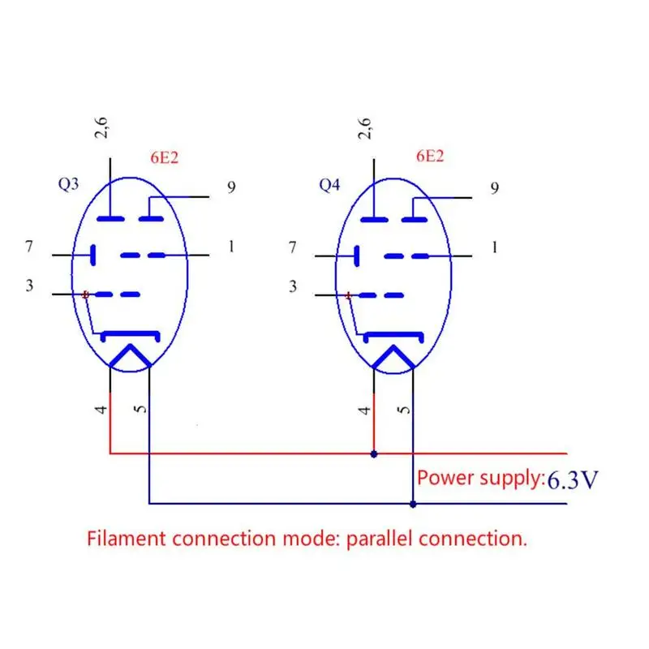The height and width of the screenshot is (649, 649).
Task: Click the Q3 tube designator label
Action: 69,184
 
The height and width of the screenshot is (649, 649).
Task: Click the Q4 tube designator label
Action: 329,185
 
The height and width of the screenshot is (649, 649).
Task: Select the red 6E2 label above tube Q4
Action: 429,157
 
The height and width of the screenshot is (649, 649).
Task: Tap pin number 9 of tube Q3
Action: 231,188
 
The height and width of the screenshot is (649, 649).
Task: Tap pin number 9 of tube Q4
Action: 495,188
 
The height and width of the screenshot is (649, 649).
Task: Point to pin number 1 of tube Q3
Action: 231,246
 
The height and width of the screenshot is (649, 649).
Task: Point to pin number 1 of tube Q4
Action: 495,246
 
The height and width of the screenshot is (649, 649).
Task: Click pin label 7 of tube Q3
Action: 29,246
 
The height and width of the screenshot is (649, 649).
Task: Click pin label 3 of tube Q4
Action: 293,286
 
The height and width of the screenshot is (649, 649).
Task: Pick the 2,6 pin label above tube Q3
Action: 102,127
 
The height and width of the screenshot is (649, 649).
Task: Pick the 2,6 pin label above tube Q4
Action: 365,127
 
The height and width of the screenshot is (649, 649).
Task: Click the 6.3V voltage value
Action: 572,480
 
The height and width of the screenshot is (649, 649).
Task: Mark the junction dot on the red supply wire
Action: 373,453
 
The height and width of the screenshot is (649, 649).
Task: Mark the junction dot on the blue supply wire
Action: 413,504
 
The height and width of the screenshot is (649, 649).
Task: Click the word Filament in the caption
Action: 127,538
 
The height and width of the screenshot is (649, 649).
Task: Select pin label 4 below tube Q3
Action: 101,410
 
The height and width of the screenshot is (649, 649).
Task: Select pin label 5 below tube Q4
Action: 406,410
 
